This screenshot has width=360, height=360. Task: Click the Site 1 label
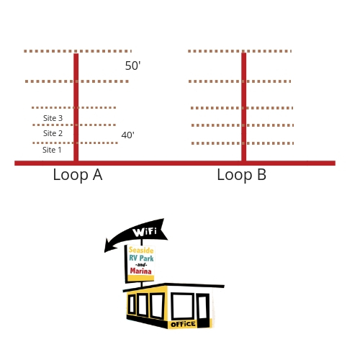[x=52, y=150]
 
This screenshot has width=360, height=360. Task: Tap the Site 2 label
[x=53, y=133]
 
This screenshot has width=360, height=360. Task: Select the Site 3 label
[x=53, y=118]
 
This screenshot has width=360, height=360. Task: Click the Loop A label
[x=78, y=175]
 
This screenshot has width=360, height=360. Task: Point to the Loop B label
[x=242, y=174]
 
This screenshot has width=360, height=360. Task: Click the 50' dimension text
[x=132, y=66]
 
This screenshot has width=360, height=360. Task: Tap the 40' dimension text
[x=127, y=135]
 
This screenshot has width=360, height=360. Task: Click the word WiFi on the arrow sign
[x=145, y=232]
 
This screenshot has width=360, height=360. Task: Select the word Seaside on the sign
[x=141, y=250]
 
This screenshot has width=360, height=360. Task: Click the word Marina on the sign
[x=140, y=271]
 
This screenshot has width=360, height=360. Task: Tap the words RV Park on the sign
[x=141, y=258]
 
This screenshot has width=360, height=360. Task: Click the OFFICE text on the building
[x=183, y=325]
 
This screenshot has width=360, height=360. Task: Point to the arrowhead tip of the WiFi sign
[x=104, y=252]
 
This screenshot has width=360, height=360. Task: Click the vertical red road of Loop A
[x=76, y=107]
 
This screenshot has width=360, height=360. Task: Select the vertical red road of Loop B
[x=243, y=107]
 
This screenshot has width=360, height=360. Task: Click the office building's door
[x=203, y=310]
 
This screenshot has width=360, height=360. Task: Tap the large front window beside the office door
[x=183, y=306]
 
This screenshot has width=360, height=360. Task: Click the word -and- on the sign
[x=141, y=265]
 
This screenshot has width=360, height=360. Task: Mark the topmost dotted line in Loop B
[x=240, y=51]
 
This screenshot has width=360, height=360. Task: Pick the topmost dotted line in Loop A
[x=78, y=51]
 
